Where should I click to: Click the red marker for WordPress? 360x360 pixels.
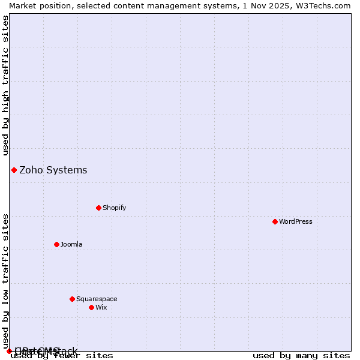[275, 221]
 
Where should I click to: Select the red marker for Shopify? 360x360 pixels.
[98, 208]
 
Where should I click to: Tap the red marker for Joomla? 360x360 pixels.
[56, 244]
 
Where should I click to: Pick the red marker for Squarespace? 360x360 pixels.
[72, 299]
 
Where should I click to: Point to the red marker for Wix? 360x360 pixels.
[91, 307]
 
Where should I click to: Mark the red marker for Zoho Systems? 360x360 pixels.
[14, 170]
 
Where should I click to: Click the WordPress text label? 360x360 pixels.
[296, 221]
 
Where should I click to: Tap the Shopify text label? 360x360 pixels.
[114, 208]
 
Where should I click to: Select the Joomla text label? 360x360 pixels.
[71, 244]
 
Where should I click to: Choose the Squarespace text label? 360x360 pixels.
[97, 299]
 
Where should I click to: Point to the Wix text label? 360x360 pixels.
[101, 307]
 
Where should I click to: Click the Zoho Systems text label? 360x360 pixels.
[53, 170]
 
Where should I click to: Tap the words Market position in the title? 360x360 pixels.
[36, 5]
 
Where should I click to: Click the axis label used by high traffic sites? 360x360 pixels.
[5, 85]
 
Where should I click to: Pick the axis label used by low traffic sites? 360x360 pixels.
[5, 281]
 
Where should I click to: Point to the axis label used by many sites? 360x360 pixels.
[301, 356]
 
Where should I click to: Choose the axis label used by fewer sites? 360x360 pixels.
[62, 356]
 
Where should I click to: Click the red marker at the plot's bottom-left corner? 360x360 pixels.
[9, 351]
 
